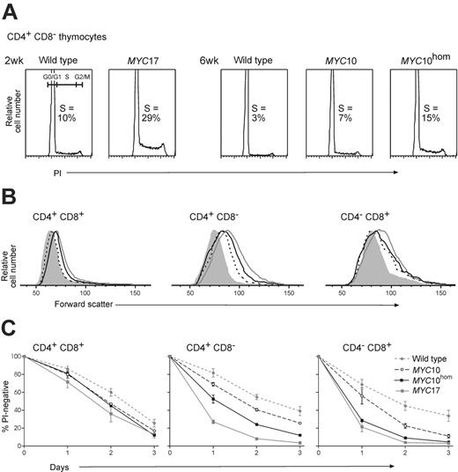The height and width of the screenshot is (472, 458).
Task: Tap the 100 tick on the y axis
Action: (16, 356)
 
